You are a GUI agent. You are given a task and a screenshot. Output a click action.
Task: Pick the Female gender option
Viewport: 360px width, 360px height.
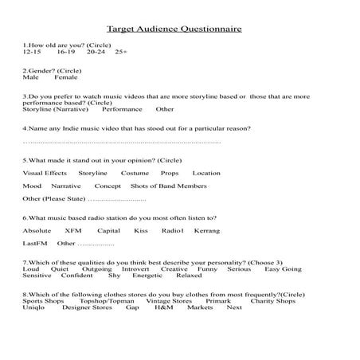tap(66, 79)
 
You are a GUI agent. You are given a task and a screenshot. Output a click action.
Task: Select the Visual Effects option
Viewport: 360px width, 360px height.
tap(45, 173)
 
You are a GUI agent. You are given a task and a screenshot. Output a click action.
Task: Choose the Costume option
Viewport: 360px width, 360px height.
tap(135, 173)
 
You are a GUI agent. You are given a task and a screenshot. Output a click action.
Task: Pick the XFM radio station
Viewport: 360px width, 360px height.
tap(73, 230)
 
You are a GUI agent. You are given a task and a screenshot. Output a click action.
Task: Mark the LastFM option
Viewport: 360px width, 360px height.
tap(35, 243)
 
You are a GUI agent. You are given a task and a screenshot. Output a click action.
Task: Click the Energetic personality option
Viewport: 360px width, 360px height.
tap(147, 275)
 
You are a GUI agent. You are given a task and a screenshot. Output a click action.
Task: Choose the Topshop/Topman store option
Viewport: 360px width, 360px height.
tap(107, 300)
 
